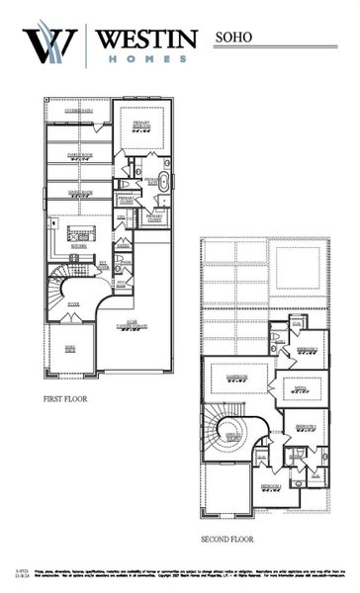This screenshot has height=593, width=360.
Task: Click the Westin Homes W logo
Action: click(x=49, y=44)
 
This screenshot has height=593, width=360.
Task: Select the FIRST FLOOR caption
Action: click(x=68, y=400)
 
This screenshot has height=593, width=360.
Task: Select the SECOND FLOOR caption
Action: click(x=228, y=540)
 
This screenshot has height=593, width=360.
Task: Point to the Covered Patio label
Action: click(x=78, y=111)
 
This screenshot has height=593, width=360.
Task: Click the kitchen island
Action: click(x=80, y=233)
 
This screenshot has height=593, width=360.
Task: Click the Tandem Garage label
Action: click(x=132, y=325)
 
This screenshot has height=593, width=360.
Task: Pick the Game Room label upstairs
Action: click(x=236, y=378)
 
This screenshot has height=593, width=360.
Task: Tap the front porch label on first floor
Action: click(x=69, y=349)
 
